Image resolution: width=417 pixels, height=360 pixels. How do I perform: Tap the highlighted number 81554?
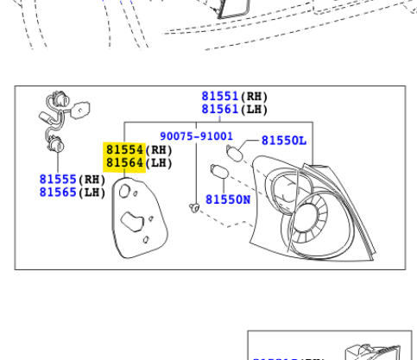coord(123,149)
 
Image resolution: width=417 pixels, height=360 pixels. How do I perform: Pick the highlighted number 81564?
coord(123,162)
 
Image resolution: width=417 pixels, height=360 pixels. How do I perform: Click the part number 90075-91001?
coord(196,136)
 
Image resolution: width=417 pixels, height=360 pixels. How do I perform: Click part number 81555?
coord(58,179)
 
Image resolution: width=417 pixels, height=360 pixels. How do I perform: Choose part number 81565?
coord(58,192)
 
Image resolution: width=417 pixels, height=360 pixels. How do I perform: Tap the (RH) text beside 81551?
coord(255,96)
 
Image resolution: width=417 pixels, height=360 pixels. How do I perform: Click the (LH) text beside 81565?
coord(92,192)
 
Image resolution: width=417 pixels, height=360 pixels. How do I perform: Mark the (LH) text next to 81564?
coord(158,162)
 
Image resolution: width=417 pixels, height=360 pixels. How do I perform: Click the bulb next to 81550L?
coord(234,154)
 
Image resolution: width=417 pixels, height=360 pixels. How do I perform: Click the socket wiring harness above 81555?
coord(59,125)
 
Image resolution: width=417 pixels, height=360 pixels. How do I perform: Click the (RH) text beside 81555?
coord(92,179)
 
